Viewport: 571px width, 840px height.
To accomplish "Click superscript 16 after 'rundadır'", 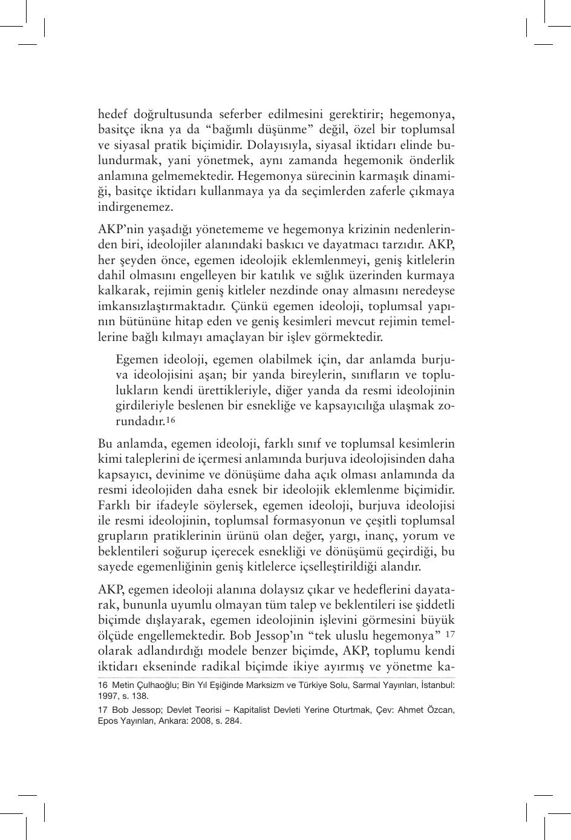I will tap(171, 420).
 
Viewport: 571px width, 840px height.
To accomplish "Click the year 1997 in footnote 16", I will tap(107, 696).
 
